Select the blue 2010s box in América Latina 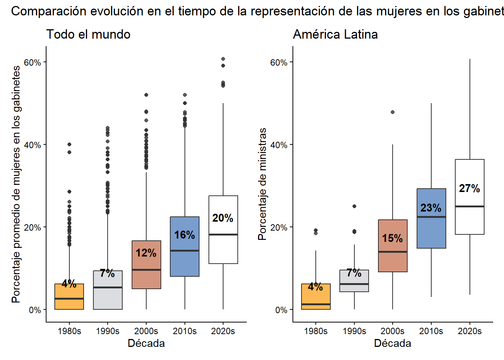[431, 232]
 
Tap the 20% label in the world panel [223, 218]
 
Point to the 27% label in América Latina [469, 188]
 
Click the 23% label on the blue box [431, 208]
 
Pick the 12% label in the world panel [146, 253]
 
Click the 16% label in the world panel [184, 235]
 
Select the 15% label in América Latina [392, 238]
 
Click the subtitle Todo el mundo [88, 34]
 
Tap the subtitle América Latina [335, 34]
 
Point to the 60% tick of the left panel [32, 62]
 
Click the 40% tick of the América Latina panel [279, 145]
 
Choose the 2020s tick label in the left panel [223, 331]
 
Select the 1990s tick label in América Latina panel [354, 331]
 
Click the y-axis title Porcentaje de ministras [262, 184]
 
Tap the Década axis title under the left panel [146, 343]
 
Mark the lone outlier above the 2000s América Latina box [393, 112]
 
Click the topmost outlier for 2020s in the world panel [223, 59]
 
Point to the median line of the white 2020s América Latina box [469, 206]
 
